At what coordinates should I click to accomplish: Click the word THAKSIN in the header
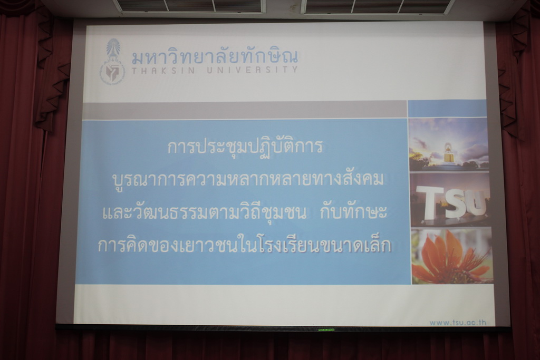(x=163, y=70)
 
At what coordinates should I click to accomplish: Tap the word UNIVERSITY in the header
(x=252, y=70)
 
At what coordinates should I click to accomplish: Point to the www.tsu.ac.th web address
(x=458, y=323)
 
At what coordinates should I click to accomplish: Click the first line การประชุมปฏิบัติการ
(x=245, y=147)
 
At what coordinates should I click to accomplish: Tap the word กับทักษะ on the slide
(x=353, y=212)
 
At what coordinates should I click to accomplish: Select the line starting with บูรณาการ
(x=248, y=180)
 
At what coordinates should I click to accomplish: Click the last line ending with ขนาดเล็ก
(x=245, y=246)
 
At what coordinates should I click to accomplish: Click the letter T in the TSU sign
(x=430, y=203)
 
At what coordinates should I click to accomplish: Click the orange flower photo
(x=452, y=256)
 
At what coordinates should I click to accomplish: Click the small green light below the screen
(x=326, y=330)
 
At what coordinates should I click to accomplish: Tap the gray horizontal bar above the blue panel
(x=244, y=110)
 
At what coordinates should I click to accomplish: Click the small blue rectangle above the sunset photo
(x=447, y=109)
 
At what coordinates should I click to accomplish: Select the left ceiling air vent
(x=188, y=6)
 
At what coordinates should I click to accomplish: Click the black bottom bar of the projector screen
(x=283, y=328)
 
